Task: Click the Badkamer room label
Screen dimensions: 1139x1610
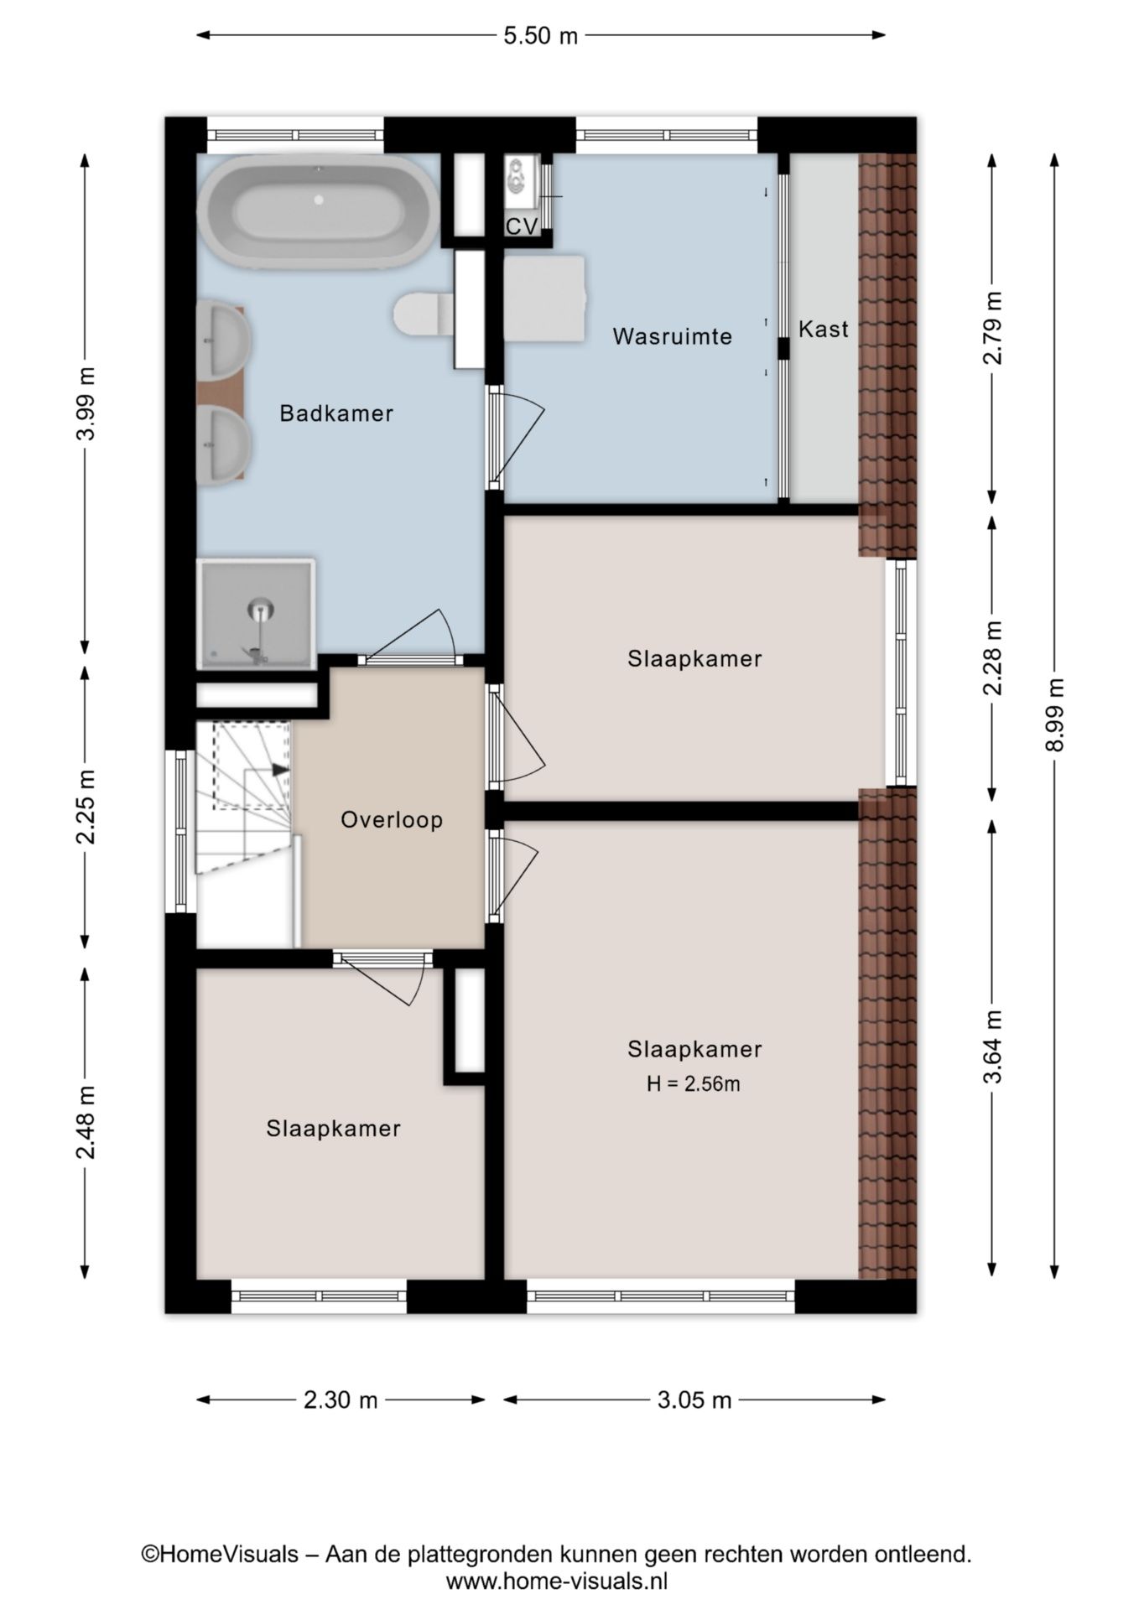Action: (x=336, y=413)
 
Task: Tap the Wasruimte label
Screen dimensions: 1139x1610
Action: (x=673, y=336)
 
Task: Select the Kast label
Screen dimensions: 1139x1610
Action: (x=824, y=329)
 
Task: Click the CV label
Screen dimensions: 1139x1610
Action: (x=522, y=226)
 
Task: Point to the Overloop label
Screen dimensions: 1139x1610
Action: (x=392, y=819)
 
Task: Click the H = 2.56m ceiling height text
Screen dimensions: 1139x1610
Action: (x=694, y=1084)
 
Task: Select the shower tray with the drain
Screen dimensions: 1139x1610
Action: (x=256, y=615)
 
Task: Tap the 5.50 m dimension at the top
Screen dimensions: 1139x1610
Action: (x=541, y=35)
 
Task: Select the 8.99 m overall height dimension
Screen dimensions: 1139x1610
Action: (x=1055, y=715)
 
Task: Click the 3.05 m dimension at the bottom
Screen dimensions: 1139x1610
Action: (x=694, y=1400)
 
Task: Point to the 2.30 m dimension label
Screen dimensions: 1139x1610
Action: (x=341, y=1400)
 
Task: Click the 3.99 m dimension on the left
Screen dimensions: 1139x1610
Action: (x=86, y=403)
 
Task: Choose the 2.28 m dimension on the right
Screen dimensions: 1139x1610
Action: (x=993, y=658)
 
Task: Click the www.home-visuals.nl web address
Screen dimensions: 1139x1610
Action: (x=557, y=1581)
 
